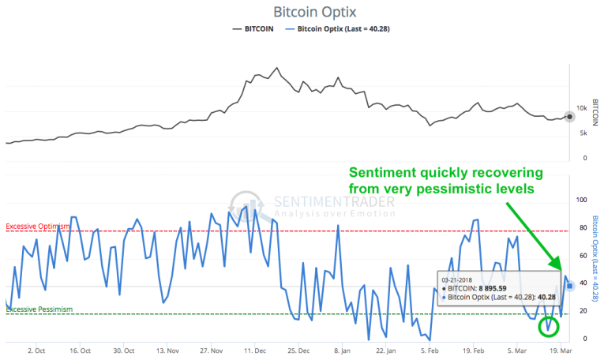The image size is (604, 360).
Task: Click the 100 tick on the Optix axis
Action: click(582, 200)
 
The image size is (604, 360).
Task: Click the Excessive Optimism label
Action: click(38, 227)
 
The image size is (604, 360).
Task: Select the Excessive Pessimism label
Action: click(39, 309)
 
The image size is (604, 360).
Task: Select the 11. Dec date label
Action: click(254, 349)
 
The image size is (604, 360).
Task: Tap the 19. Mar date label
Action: click(560, 349)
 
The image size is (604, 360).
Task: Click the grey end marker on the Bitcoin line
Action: click(570, 116)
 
